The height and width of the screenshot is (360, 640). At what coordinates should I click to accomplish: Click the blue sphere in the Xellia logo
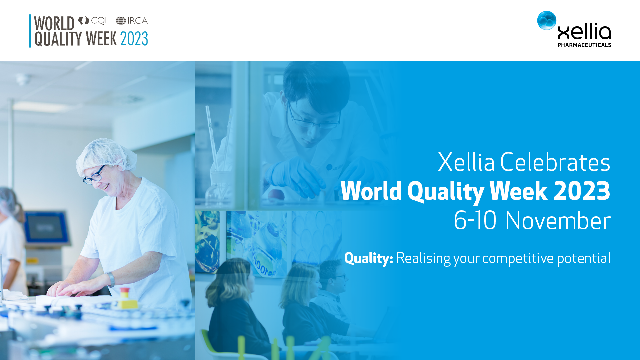(547, 20)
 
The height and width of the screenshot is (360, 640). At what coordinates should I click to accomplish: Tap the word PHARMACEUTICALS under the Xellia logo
(584, 45)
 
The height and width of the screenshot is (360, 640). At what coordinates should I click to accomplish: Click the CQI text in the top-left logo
(99, 21)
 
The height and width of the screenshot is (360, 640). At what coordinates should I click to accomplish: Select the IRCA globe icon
(121, 21)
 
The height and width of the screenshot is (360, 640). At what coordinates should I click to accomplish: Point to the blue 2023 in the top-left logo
(134, 39)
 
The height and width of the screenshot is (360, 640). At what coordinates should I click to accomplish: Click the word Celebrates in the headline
(555, 162)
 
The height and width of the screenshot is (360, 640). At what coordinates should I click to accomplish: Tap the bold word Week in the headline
(518, 191)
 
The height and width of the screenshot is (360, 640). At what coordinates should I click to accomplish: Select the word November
(558, 221)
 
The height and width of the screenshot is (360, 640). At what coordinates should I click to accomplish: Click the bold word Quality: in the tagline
(369, 259)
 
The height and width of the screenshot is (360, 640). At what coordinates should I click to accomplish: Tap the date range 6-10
(475, 221)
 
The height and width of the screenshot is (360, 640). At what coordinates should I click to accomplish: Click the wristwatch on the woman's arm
(111, 279)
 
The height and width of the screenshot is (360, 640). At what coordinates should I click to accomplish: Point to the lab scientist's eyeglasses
(313, 119)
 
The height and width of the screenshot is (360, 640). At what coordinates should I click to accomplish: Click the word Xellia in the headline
(466, 162)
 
